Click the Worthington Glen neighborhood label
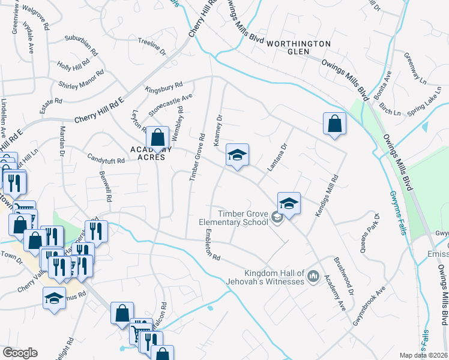point(299,47)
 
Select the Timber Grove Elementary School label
point(234,218)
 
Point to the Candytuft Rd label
point(105,161)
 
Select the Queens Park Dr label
point(370,233)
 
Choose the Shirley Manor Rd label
point(81,79)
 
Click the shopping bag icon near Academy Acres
point(157,139)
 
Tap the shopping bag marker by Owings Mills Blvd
point(335,124)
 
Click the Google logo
point(20,353)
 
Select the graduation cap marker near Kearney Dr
point(237,155)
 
